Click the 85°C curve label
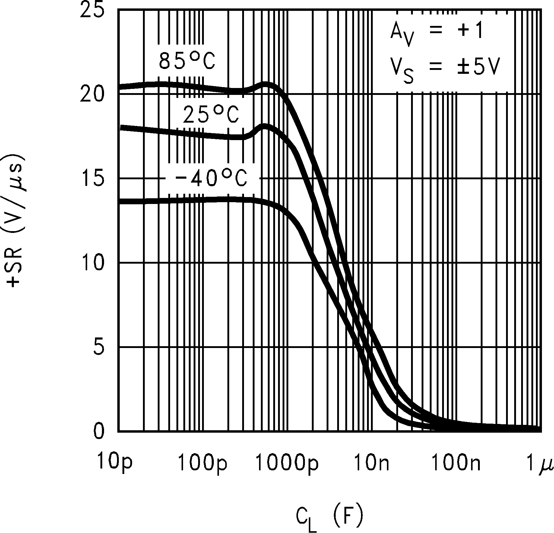pos(187,61)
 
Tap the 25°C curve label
pos(211,115)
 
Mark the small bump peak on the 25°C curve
pos(265,126)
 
